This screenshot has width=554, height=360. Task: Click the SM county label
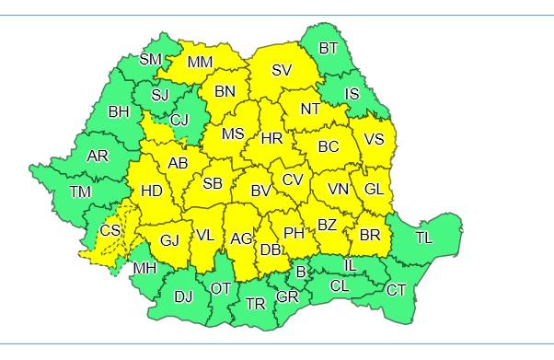(x=150, y=60)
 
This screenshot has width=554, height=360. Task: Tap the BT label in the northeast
(x=329, y=48)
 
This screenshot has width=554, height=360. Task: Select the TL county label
(x=423, y=238)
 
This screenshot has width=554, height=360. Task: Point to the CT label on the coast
(x=396, y=290)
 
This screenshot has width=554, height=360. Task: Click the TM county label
(x=80, y=192)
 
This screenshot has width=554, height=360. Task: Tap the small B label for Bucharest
(x=300, y=271)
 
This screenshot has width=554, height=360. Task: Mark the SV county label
(x=282, y=69)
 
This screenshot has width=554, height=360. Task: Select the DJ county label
(x=184, y=296)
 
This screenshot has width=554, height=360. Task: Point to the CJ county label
(x=179, y=119)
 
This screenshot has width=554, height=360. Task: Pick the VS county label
(x=374, y=139)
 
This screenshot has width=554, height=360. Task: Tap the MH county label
(x=144, y=269)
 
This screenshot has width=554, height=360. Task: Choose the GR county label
(x=287, y=296)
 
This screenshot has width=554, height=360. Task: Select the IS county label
(x=352, y=93)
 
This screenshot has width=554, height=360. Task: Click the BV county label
(x=260, y=192)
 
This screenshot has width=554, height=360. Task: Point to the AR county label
(x=98, y=156)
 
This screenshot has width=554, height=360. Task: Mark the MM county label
(x=200, y=63)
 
